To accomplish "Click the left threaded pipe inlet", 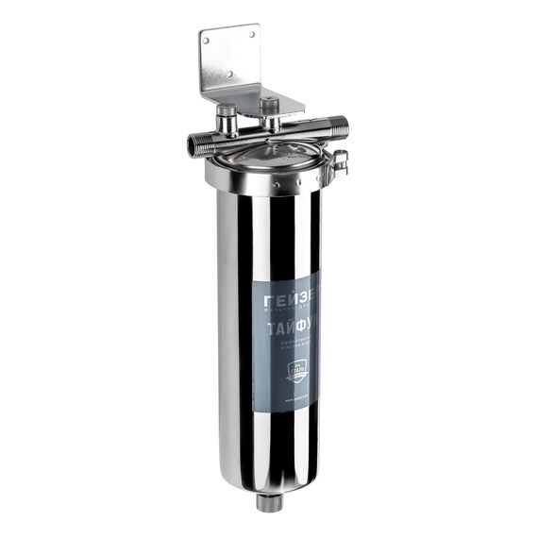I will point(196,144).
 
